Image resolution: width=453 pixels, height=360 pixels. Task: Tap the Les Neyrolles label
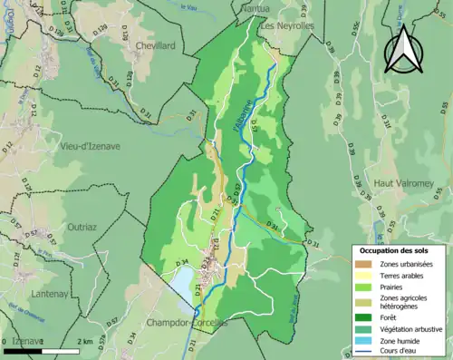coord(287,25)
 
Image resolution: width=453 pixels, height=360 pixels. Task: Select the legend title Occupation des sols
coord(395,249)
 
